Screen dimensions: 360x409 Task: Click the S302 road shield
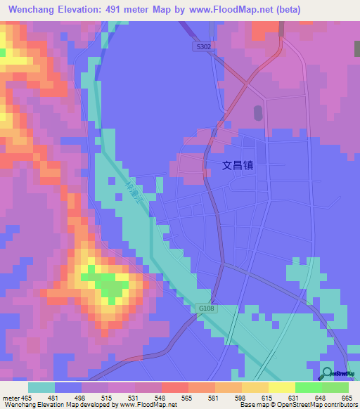(202, 46)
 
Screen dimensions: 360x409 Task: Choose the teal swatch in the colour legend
(41, 387)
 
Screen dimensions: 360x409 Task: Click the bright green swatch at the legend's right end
(335, 387)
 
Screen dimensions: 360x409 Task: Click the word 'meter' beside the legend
(12, 398)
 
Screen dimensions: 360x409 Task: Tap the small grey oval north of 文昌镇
(257, 112)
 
